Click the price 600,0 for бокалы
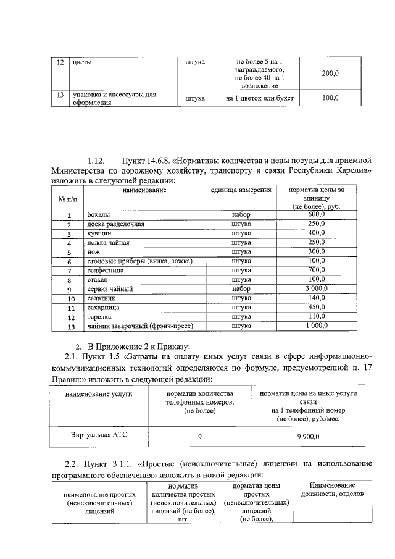click(x=317, y=214)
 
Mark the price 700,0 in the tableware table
click(x=317, y=270)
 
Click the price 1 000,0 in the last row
click(x=317, y=326)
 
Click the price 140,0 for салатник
click(x=317, y=298)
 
